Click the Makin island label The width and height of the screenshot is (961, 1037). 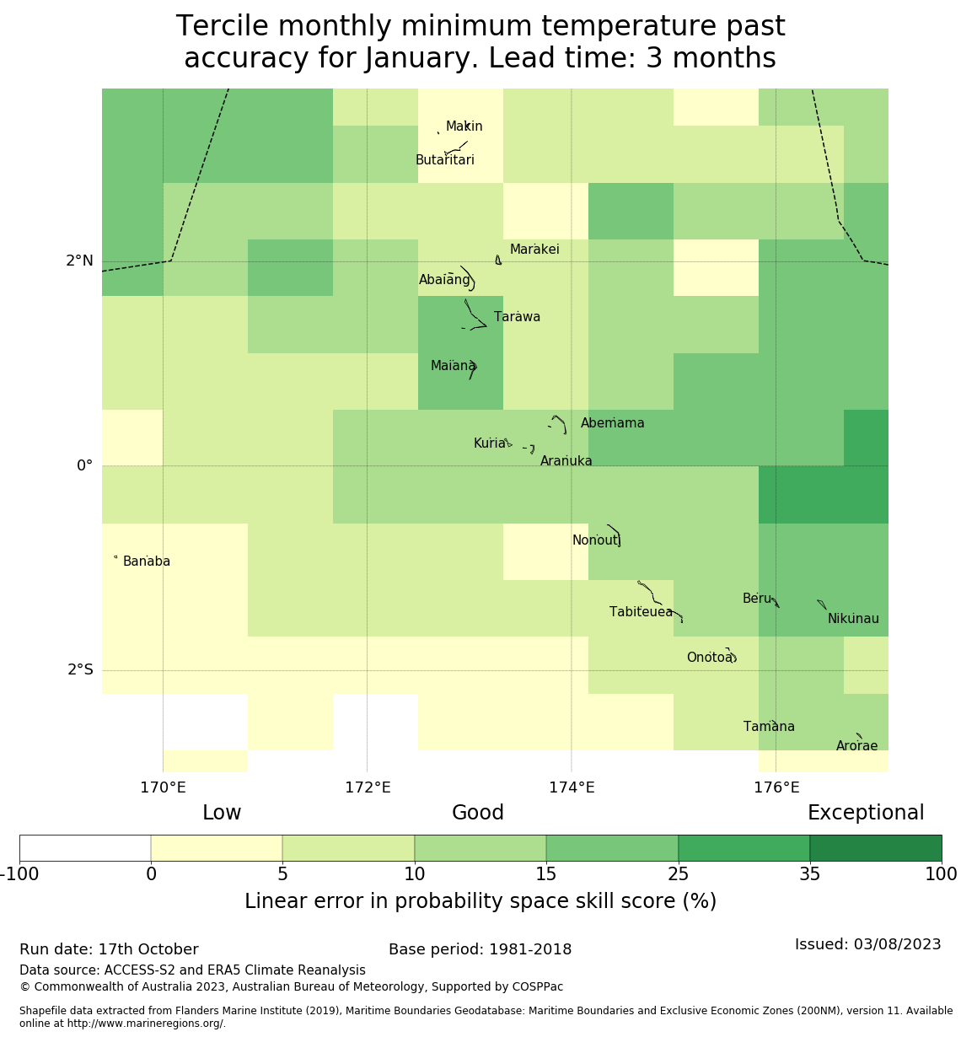click(x=464, y=126)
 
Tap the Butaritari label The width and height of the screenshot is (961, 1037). click(x=444, y=160)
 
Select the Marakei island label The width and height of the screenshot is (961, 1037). click(x=534, y=250)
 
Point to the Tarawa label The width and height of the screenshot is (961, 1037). click(x=517, y=317)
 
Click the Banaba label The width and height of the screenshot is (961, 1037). click(x=147, y=561)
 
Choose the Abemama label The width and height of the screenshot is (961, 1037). click(x=612, y=423)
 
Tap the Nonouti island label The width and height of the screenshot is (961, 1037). click(x=596, y=540)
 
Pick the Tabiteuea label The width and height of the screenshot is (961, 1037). click(x=641, y=612)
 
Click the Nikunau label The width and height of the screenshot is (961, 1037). click(x=853, y=619)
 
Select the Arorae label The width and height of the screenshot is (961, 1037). click(x=856, y=746)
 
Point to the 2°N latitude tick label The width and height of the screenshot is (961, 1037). click(x=79, y=261)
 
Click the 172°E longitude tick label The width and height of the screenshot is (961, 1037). click(x=368, y=787)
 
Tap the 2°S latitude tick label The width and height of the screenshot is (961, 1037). click(x=80, y=670)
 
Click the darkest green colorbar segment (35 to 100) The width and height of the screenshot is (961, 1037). click(x=875, y=848)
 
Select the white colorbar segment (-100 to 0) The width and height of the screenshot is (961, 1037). click(x=85, y=848)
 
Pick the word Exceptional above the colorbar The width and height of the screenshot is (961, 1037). click(x=866, y=813)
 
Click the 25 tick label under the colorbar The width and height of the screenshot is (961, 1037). click(x=678, y=874)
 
